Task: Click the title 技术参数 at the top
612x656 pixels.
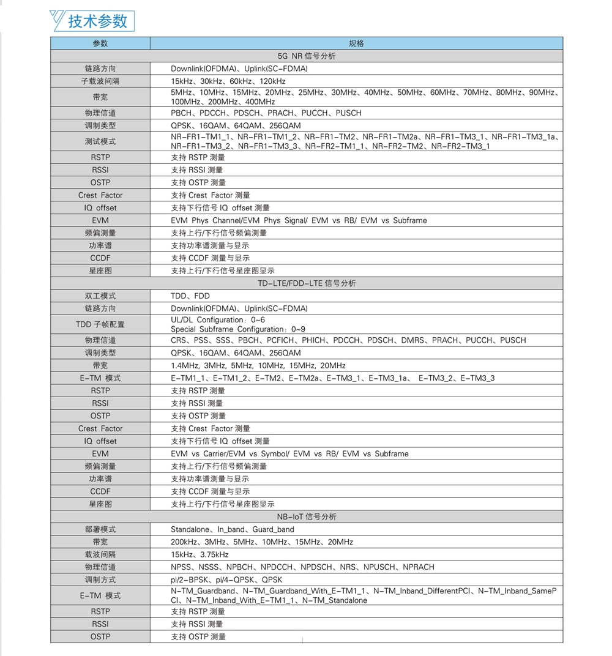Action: [98, 20]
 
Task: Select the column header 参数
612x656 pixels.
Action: [100, 43]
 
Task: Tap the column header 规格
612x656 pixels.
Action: [356, 43]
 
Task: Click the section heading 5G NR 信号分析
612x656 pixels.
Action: [307, 56]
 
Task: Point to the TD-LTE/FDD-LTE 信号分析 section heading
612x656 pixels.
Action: [307, 283]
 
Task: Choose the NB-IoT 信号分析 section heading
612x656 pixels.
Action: [307, 516]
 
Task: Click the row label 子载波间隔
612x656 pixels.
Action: [100, 81]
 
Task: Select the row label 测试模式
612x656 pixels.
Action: [100, 141]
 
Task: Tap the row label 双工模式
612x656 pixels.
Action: [100, 296]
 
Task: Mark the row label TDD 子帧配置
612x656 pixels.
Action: [100, 324]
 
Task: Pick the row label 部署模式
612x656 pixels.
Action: [100, 529]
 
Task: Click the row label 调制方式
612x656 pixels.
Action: [100, 580]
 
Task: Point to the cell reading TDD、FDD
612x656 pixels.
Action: [190, 296]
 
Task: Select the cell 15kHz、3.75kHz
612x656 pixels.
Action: [200, 554]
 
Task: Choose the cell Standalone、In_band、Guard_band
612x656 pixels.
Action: [233, 529]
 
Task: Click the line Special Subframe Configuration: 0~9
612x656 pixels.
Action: [238, 329]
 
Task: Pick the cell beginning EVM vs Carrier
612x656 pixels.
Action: [289, 453]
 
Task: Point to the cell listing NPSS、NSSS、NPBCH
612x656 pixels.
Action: [302, 567]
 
